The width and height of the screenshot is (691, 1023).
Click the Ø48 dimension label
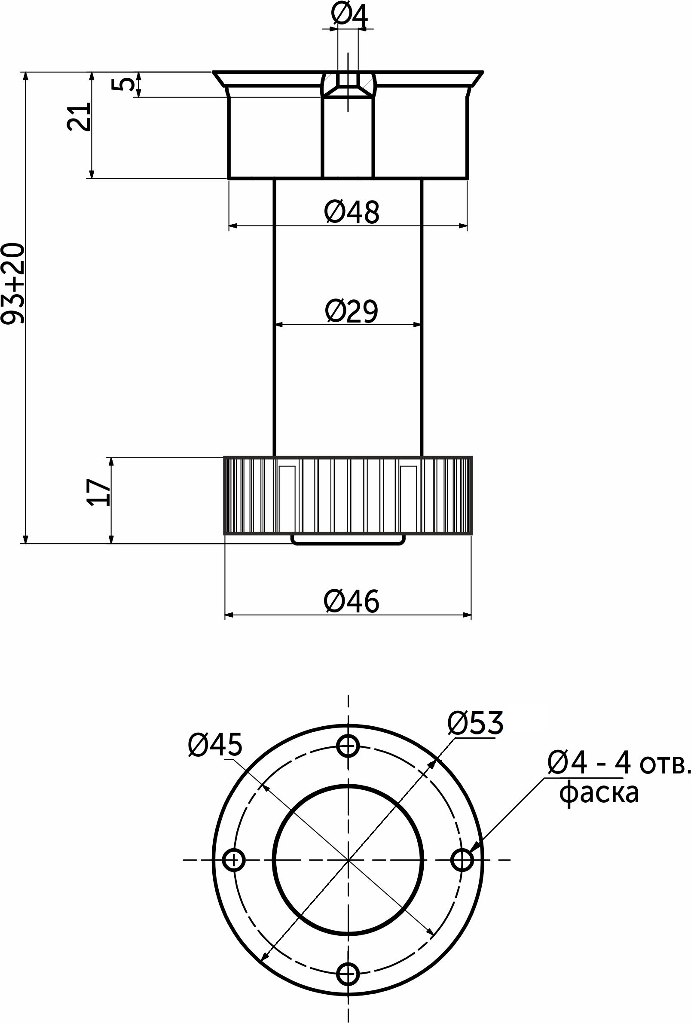[x=351, y=212]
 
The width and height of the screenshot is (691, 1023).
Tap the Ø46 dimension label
[x=351, y=601]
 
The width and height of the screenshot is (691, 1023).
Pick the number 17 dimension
[x=98, y=493]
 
